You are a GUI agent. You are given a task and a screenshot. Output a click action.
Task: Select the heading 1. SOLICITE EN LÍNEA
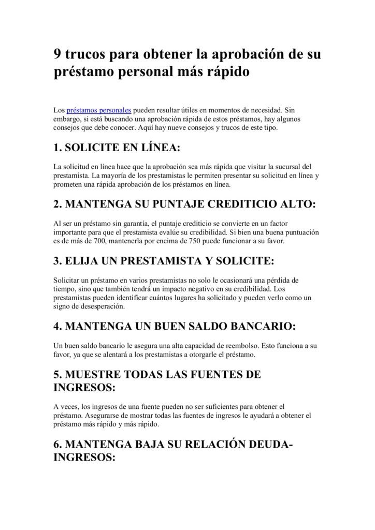117,149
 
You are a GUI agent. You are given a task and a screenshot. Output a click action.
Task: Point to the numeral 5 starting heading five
57,374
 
